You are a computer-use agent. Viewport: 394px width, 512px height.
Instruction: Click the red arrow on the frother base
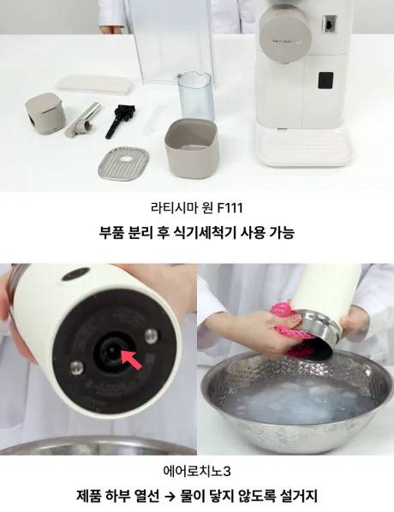132,359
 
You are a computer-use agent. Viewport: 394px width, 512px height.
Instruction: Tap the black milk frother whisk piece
120,120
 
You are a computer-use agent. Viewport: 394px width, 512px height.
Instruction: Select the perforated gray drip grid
123,162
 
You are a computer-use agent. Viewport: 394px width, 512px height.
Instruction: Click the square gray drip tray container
192,148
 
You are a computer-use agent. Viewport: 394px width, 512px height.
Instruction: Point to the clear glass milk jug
196,96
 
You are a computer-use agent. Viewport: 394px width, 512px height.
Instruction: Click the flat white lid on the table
95,83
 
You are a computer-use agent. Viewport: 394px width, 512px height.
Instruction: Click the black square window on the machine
325,80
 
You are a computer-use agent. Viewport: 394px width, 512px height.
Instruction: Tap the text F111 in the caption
230,208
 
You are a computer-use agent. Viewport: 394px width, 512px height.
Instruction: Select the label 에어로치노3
197,471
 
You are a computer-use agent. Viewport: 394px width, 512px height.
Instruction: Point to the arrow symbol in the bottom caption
170,497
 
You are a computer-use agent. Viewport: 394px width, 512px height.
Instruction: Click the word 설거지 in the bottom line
299,496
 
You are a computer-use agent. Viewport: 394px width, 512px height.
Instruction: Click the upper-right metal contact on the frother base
152,335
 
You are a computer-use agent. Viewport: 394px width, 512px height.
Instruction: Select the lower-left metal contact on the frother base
76,367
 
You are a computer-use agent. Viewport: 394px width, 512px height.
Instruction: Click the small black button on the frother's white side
75,274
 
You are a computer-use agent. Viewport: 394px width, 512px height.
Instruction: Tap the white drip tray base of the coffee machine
304,146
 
